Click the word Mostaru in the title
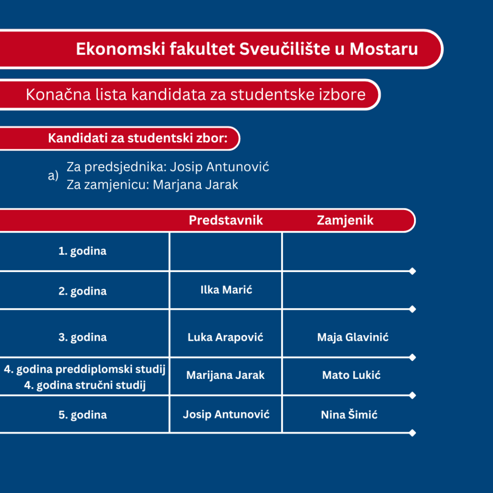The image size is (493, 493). tap(384, 49)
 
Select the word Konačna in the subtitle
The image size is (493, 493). tap(58, 94)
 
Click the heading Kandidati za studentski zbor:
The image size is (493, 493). tap(138, 138)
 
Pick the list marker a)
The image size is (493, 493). tap(53, 175)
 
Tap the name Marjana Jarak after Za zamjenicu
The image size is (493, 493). tap(195, 184)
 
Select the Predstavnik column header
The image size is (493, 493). tap(226, 220)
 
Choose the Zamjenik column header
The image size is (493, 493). tap(345, 221)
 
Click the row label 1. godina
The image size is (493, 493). tap(82, 251)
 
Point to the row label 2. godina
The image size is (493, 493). tap(82, 291)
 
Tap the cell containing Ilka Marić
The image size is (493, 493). tap(226, 289)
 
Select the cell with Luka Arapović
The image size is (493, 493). tap(225, 337)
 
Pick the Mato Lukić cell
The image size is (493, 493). tap(351, 375)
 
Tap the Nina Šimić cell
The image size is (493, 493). tap(349, 415)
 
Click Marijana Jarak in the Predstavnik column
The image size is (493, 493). tap(225, 375)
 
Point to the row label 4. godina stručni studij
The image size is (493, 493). tap(85, 385)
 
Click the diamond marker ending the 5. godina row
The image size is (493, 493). tap(413, 433)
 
